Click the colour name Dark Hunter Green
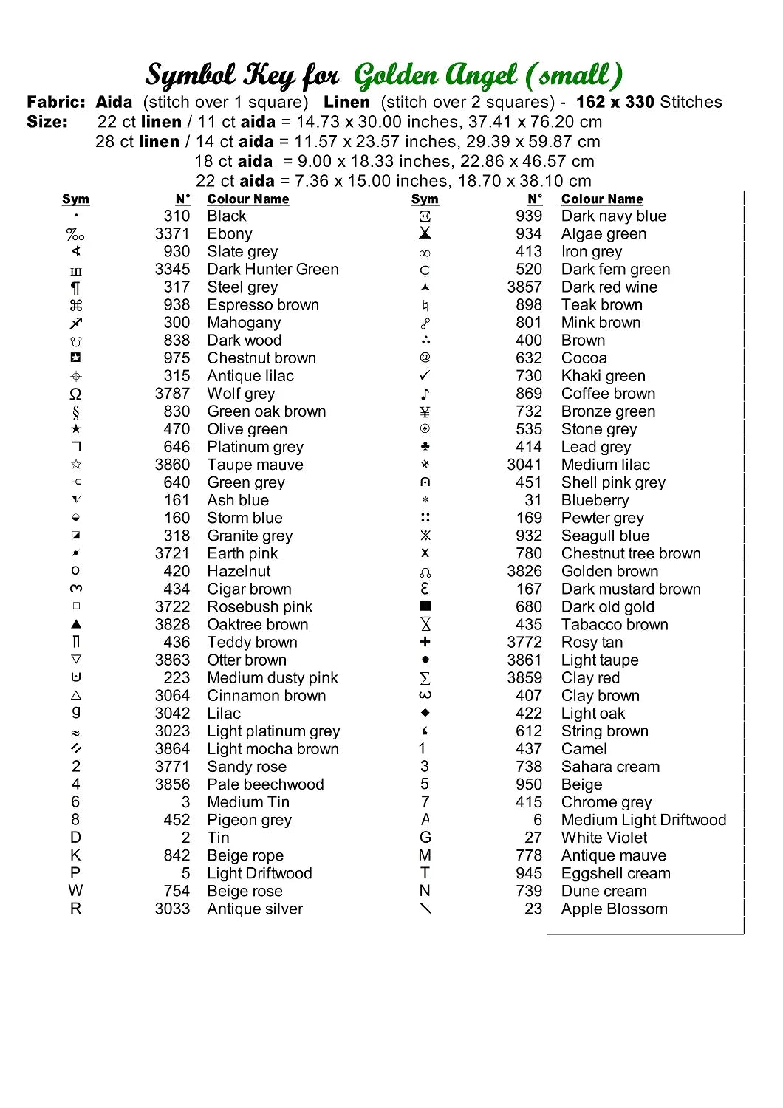pyautogui.click(x=273, y=270)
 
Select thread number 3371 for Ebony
pyautogui.click(x=172, y=234)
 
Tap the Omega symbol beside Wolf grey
pyautogui.click(x=75, y=394)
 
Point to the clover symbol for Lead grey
pyautogui.click(x=425, y=447)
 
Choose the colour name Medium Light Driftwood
pyautogui.click(x=643, y=820)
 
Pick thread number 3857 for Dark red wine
pyautogui.click(x=524, y=287)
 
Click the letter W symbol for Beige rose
pyautogui.click(x=75, y=891)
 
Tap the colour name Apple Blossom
pyautogui.click(x=614, y=909)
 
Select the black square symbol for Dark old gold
pyautogui.click(x=425, y=606)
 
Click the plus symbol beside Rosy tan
pyautogui.click(x=425, y=642)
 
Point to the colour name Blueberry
pyautogui.click(x=595, y=500)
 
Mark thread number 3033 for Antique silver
pyautogui.click(x=172, y=909)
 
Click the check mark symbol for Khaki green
pyautogui.click(x=425, y=376)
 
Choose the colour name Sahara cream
pyautogui.click(x=610, y=767)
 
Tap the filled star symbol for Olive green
pyautogui.click(x=75, y=429)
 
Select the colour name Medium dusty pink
pyautogui.click(x=273, y=678)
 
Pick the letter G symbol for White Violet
pyautogui.click(x=425, y=838)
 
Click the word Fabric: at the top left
pyautogui.click(x=56, y=102)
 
